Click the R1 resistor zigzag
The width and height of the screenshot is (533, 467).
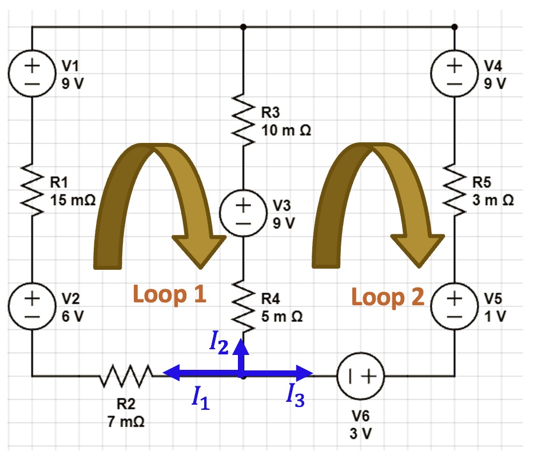coord(32,190)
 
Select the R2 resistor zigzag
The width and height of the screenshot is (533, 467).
coord(126,376)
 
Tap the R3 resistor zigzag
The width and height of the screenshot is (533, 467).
coord(243,120)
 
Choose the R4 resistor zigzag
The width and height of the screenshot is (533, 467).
coord(243,306)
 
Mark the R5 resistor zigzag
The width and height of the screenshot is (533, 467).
coord(455,190)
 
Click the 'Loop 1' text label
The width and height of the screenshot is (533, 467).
coord(170,294)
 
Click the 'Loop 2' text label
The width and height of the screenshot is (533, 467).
coord(388,297)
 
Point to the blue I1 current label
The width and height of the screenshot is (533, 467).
coord(201,398)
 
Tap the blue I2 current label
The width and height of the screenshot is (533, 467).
coord(219,342)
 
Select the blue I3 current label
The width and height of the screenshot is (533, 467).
coord(295,395)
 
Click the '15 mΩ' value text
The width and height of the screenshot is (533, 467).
coord(73,200)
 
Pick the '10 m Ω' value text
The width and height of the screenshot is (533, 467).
coord(286,130)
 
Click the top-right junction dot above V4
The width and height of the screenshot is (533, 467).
coord(455,27)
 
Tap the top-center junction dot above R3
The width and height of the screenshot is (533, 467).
coord(243,27)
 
